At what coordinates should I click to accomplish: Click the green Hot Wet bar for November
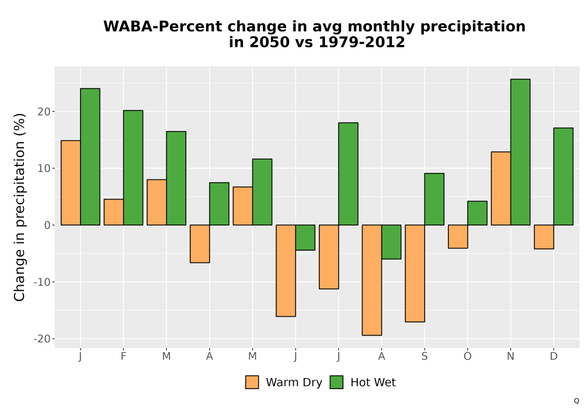(x=520, y=152)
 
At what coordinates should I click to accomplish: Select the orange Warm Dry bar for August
(x=371, y=280)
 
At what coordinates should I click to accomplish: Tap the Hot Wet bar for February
(x=133, y=168)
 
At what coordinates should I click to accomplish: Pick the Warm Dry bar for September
(x=415, y=273)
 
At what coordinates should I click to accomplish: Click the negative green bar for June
(x=305, y=238)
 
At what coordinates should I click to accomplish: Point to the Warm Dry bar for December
(x=544, y=237)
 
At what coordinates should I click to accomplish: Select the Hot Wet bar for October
(x=477, y=213)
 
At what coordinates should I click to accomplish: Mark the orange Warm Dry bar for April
(x=200, y=244)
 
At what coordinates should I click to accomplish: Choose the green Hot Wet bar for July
(x=348, y=174)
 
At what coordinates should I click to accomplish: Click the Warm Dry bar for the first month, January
(x=71, y=182)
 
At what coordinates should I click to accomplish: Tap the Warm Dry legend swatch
(x=252, y=382)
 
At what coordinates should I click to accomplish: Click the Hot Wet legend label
(x=373, y=382)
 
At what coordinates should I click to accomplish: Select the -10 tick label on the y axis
(x=42, y=282)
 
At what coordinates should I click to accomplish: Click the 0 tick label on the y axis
(x=47, y=225)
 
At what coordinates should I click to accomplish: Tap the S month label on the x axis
(x=424, y=356)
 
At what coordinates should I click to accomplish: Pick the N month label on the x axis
(x=510, y=356)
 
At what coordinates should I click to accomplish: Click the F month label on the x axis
(x=123, y=356)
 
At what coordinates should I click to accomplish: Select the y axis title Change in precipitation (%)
(x=19, y=207)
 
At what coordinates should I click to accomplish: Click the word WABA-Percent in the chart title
(x=164, y=26)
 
